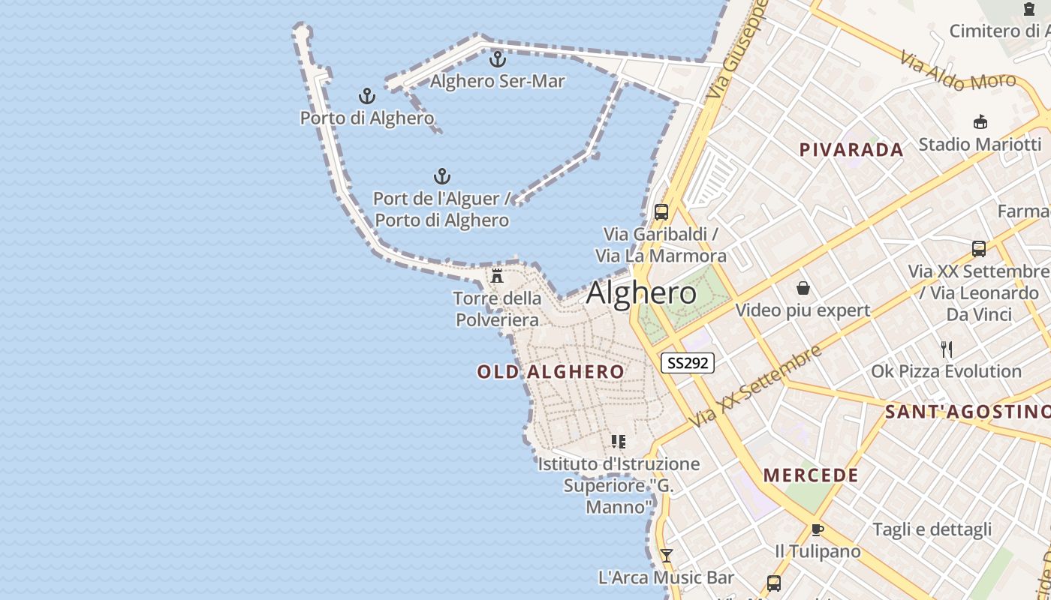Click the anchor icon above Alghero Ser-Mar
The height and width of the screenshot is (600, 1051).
[497, 58]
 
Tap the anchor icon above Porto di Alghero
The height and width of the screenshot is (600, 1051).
[366, 96]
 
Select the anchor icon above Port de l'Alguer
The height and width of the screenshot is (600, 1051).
[442, 176]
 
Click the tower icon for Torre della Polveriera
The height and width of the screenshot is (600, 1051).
[496, 276]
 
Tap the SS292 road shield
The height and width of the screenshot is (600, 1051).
[687, 363]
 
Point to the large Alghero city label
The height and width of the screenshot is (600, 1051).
[641, 292]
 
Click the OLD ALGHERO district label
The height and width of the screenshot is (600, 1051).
[551, 372]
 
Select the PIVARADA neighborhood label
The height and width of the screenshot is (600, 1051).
[851, 150]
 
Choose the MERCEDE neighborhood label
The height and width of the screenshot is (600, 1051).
[811, 475]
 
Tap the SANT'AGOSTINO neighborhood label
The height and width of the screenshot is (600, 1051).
[967, 412]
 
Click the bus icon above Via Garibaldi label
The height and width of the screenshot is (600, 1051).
[661, 211]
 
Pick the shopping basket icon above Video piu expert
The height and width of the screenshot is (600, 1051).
[803, 288]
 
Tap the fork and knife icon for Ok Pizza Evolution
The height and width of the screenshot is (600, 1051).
[947, 349]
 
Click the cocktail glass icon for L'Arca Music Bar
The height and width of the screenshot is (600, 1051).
[666, 556]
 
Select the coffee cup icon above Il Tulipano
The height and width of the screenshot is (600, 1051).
[818, 530]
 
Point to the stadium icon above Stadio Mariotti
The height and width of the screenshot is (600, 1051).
[980, 121]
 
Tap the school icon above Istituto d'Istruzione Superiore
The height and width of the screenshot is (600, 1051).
[619, 442]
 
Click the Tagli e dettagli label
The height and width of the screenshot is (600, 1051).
[932, 529]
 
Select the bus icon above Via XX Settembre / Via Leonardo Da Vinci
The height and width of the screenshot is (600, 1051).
[978, 248]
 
